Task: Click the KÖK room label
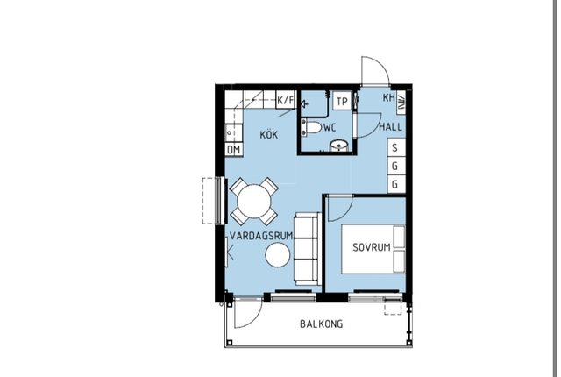[269, 134]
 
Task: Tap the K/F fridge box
[286, 100]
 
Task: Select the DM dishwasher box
[234, 150]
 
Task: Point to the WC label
[330, 127]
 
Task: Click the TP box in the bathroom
[342, 102]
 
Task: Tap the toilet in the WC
[312, 127]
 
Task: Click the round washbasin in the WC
[338, 146]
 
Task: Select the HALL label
[390, 126]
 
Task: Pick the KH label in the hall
[388, 97]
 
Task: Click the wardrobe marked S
[396, 147]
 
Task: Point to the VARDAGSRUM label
[261, 236]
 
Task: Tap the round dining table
[254, 201]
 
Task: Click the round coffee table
[278, 254]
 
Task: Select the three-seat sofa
[308, 249]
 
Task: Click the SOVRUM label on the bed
[372, 247]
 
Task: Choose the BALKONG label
[322, 324]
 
